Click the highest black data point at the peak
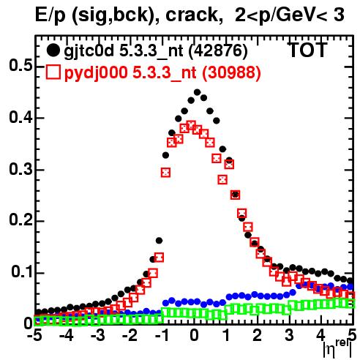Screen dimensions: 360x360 [x=197, y=92]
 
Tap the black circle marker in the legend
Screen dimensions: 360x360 [x=53, y=50]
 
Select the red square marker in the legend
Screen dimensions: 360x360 [x=53, y=72]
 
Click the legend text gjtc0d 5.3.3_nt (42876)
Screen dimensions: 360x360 [x=156, y=51]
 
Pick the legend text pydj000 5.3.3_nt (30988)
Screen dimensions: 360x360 [x=162, y=72]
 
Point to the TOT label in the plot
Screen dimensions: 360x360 [x=307, y=50]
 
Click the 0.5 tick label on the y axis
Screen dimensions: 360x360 [x=20, y=65]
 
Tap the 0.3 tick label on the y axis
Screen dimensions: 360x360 [x=20, y=169]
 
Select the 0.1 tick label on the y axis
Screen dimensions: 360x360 [x=21, y=272]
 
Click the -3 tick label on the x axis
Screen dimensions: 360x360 [x=98, y=335]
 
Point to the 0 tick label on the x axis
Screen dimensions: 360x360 [x=194, y=335]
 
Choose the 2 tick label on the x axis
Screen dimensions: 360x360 [x=258, y=335]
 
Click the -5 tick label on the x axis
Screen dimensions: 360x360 [x=34, y=335]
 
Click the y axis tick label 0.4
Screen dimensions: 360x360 [x=20, y=117]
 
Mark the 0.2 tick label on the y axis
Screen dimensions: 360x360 [x=20, y=220]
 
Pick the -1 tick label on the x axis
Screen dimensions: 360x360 [x=162, y=335]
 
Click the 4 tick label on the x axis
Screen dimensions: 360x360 [x=321, y=335]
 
